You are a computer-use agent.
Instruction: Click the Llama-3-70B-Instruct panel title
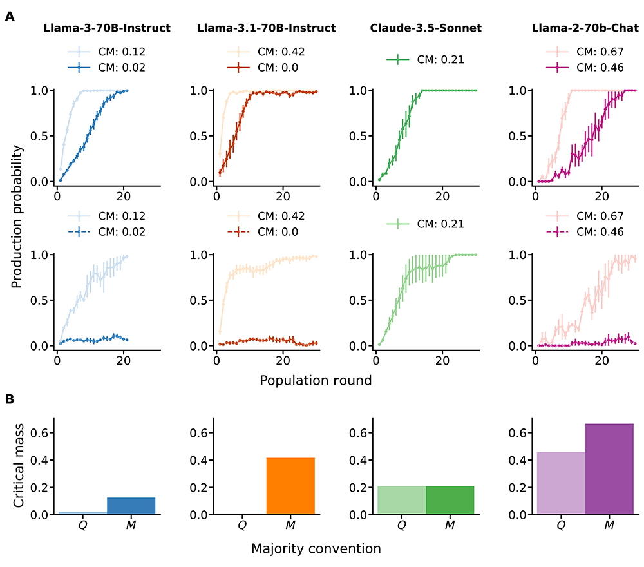(x=106, y=28)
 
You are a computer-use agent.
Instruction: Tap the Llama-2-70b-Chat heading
(x=585, y=28)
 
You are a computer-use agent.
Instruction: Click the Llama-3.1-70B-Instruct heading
(x=266, y=28)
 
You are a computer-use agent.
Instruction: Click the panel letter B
(x=10, y=399)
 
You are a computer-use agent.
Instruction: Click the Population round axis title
(x=316, y=380)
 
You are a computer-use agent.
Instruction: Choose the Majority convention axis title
(x=316, y=549)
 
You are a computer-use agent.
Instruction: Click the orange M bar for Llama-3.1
(x=290, y=486)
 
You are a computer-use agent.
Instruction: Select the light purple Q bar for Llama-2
(x=561, y=483)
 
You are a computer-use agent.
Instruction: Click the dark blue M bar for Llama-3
(x=131, y=506)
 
